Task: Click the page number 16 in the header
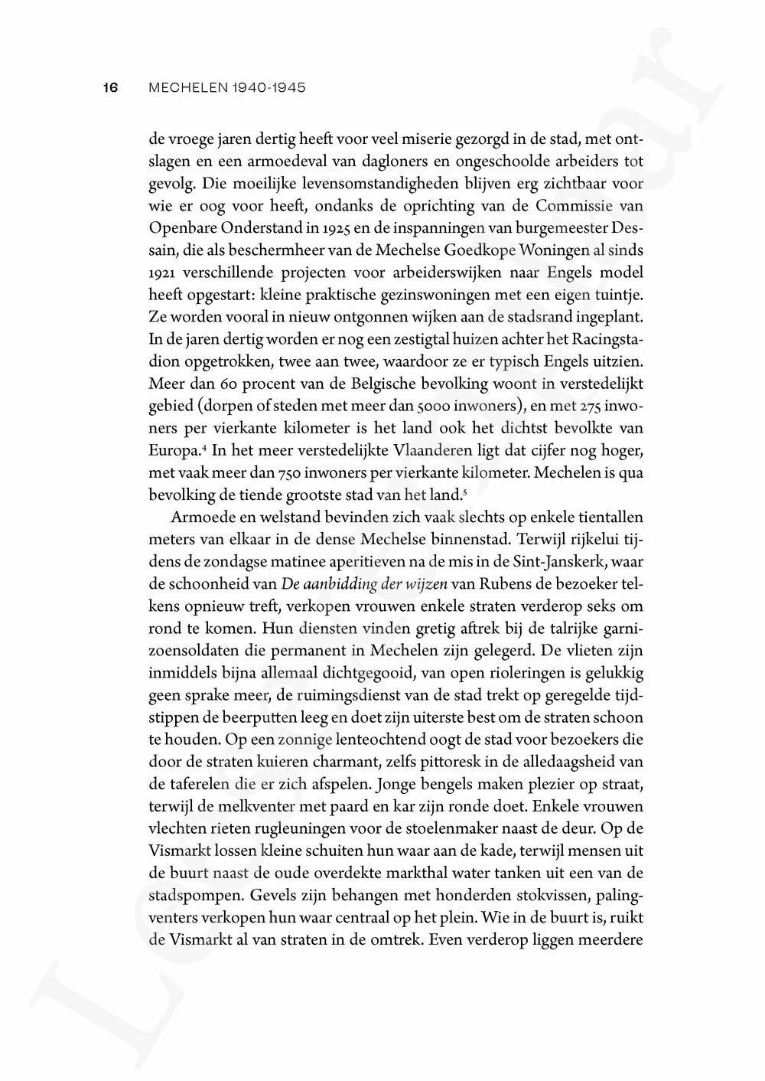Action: (110, 88)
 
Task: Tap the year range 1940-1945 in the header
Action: (267, 88)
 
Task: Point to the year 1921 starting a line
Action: (162, 273)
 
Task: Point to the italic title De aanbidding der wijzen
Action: (366, 584)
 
